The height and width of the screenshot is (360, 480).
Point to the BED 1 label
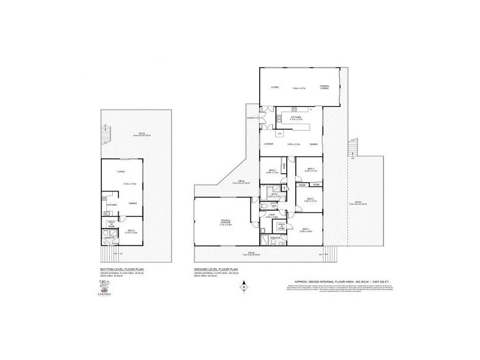[x=305, y=229]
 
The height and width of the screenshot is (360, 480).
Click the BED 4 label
[x=272, y=171]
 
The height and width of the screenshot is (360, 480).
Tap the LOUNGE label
[x=268, y=144]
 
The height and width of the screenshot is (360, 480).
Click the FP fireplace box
[x=280, y=133]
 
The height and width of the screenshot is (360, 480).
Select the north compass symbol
[x=244, y=287]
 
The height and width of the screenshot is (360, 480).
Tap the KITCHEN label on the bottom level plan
[x=112, y=205]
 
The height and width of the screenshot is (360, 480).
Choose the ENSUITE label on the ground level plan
[x=276, y=238]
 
